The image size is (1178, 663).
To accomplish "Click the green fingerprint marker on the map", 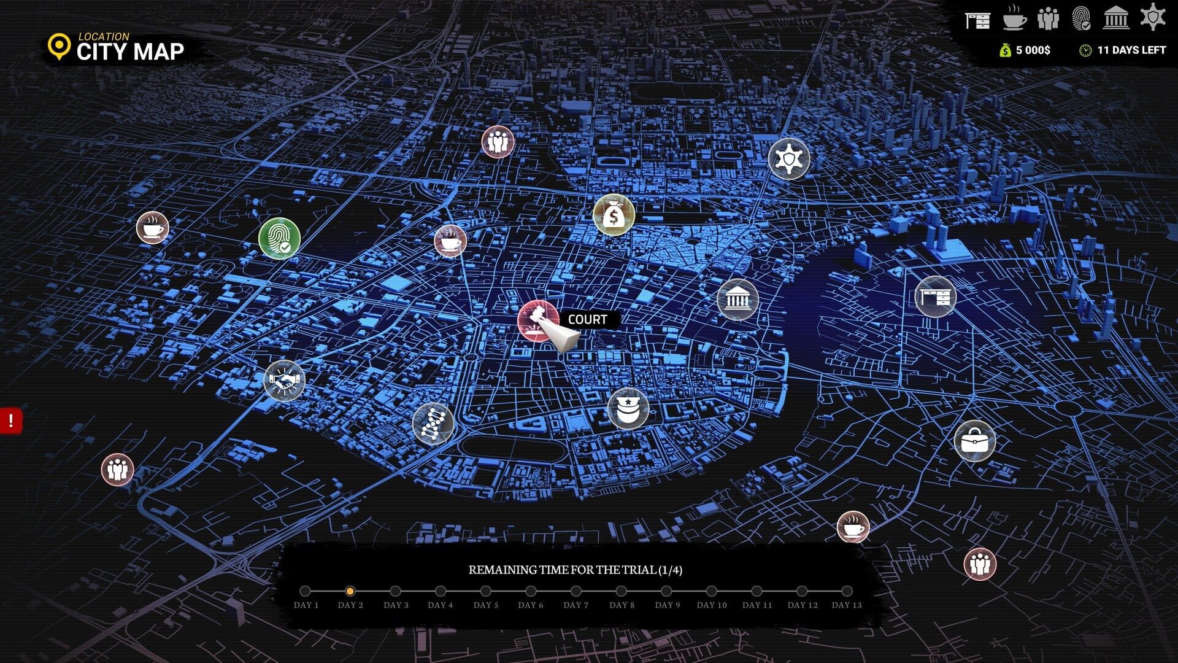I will tap(279, 238).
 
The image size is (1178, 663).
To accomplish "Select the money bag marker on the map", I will tap(614, 215).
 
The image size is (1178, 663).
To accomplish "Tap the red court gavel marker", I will tap(537, 320).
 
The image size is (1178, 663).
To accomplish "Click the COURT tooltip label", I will tap(587, 319).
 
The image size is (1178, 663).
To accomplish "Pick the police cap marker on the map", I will tap(628, 408).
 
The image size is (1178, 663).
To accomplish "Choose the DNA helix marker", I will tap(433, 423).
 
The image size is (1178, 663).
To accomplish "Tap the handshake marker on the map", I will tap(284, 380).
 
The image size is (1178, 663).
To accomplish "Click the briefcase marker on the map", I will tap(974, 440).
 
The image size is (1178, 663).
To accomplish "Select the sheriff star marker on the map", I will tap(788, 159).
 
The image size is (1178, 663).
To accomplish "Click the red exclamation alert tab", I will tap(10, 421).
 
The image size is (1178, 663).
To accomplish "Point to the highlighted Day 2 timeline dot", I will tap(350, 591).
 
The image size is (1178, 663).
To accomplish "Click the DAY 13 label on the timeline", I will tap(847, 605).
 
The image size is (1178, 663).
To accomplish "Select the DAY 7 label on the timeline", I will tap(576, 605).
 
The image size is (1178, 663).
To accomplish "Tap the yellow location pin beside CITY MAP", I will tap(59, 47).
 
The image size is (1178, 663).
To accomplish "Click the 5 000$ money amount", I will tap(1033, 50).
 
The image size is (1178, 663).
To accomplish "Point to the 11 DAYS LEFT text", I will tap(1131, 50).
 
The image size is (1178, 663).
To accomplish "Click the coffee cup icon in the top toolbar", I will tap(1015, 18).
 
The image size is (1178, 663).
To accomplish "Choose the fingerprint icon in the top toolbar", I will tap(1081, 18).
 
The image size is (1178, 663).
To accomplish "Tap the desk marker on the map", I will tap(935, 297).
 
